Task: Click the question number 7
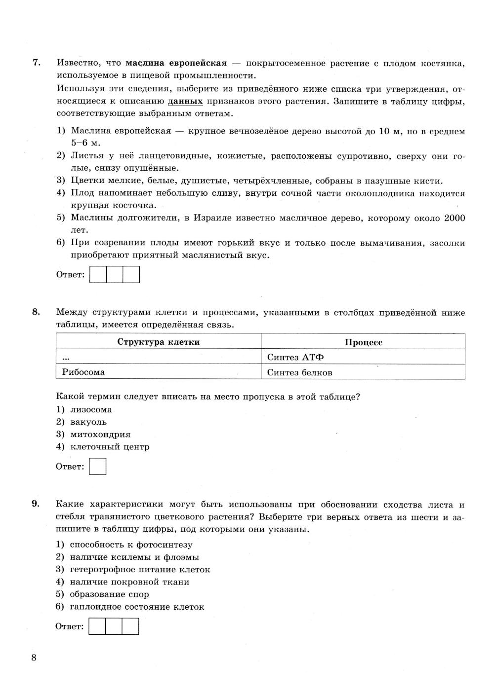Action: [x=36, y=63]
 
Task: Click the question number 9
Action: [x=36, y=504]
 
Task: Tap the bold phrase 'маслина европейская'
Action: [x=176, y=63]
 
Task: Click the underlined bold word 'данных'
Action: [x=185, y=101]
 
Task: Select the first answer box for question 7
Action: [x=98, y=274]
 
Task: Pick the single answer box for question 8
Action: [x=98, y=466]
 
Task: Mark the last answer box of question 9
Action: [x=130, y=626]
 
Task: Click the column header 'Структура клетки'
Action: [x=158, y=342]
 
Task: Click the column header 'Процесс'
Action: [x=363, y=342]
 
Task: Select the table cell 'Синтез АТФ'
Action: [x=295, y=357]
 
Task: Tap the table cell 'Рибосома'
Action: [x=83, y=372]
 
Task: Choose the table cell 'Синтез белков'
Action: [x=299, y=372]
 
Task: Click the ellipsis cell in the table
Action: [x=66, y=357]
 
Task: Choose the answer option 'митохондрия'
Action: [x=100, y=435]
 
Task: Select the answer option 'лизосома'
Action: [x=91, y=409]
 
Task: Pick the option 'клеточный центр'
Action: [x=110, y=447]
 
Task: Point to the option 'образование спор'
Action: [x=109, y=594]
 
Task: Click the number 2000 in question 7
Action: [x=454, y=218]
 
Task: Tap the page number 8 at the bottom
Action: [x=34, y=657]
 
